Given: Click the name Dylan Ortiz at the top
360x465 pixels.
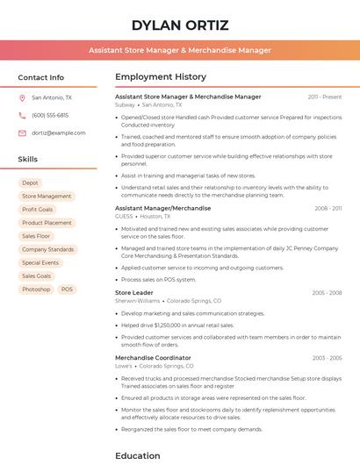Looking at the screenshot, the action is click(179, 25).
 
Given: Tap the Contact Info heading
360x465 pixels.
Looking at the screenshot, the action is click(40, 77).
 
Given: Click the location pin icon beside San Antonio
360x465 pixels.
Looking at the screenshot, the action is click(22, 98).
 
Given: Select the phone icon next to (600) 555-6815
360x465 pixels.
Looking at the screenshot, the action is click(22, 115).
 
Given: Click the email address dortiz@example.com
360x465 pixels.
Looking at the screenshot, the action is click(53, 132).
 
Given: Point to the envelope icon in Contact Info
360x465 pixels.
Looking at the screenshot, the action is click(22, 132).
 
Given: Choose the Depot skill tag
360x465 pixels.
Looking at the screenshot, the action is click(30, 183).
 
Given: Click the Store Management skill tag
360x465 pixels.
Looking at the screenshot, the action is click(47, 197).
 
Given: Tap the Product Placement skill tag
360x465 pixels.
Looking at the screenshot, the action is click(47, 223).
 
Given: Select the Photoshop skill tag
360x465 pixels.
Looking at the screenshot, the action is click(36, 289).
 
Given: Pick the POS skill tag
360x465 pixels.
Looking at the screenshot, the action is click(68, 289).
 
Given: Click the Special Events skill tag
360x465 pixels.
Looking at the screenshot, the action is click(40, 262).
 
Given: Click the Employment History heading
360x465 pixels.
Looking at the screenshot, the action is click(161, 77).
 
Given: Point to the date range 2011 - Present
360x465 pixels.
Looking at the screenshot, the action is click(325, 97).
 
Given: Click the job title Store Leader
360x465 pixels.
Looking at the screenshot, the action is click(134, 292).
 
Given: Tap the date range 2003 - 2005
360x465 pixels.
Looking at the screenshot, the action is click(327, 358).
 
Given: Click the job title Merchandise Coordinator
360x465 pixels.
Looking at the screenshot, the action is click(153, 358).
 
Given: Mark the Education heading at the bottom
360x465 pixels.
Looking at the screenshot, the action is click(138, 455).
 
